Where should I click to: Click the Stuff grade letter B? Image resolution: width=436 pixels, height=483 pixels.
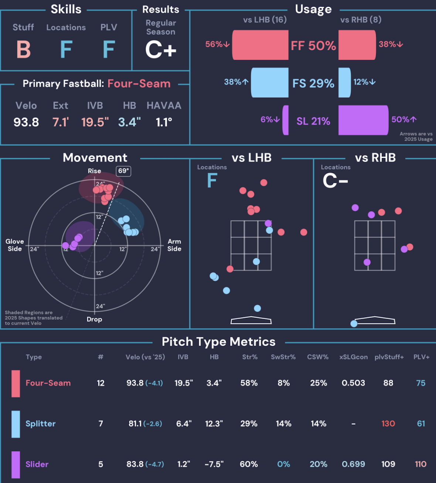tap(23, 49)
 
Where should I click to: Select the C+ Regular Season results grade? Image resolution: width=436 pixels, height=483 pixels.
tap(160, 49)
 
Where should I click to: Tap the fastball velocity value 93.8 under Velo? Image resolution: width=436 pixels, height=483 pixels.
tap(26, 122)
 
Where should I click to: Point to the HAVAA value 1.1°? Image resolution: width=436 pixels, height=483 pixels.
tap(164, 122)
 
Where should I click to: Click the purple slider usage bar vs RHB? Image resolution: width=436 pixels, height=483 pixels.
tap(364, 120)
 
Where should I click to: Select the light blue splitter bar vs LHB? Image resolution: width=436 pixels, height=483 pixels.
tap(270, 83)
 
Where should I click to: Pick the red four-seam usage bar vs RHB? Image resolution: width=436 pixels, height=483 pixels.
tap(357, 45)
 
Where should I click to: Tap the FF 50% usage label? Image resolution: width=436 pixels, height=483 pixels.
tap(313, 45)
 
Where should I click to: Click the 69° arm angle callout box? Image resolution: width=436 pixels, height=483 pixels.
tap(123, 171)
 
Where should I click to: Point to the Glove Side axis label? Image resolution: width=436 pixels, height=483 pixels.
tap(15, 245)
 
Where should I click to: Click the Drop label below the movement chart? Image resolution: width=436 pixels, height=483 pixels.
tap(94, 319)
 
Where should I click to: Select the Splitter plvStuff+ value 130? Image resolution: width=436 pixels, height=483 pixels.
tap(388, 424)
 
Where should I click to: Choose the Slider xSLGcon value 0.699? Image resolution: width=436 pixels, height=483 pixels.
tap(353, 464)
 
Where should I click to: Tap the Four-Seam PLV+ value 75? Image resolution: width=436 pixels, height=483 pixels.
tap(421, 383)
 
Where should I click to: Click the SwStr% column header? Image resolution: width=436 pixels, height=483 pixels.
tap(283, 357)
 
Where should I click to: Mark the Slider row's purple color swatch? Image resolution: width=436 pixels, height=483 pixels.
tap(16, 465)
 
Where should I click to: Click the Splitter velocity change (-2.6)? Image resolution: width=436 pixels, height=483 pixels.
tap(153, 424)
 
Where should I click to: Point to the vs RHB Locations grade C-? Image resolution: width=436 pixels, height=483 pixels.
tap(335, 181)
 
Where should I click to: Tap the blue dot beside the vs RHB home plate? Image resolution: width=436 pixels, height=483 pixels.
tap(354, 323)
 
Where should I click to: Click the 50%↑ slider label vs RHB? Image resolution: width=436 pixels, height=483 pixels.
tap(404, 119)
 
